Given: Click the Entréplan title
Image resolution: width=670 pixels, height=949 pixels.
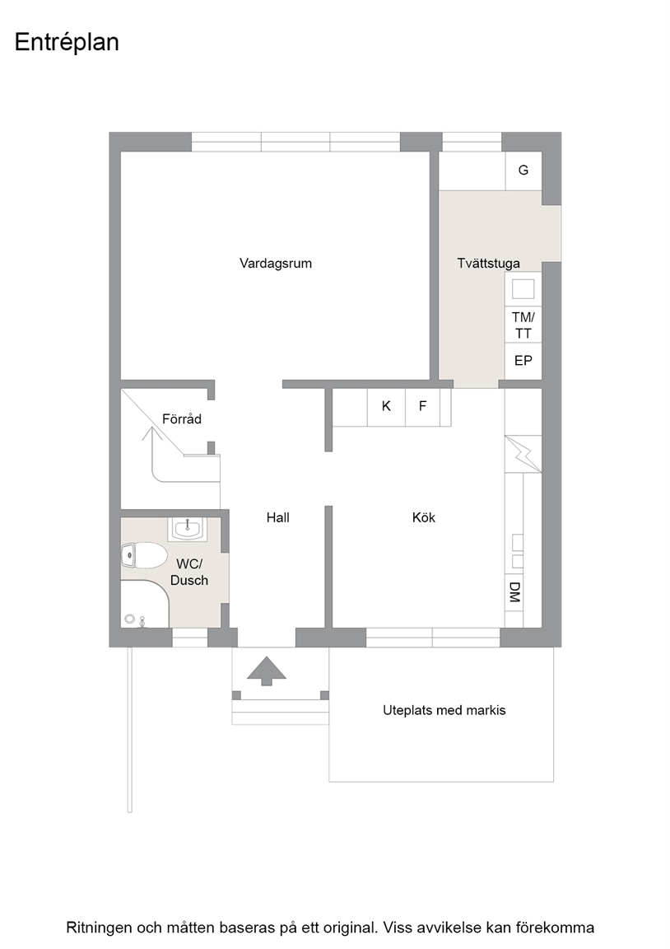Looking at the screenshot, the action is pyautogui.click(x=67, y=43).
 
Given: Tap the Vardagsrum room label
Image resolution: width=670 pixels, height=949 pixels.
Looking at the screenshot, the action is pyautogui.click(x=276, y=264).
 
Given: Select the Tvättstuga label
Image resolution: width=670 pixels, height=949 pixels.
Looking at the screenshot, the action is pyautogui.click(x=489, y=264).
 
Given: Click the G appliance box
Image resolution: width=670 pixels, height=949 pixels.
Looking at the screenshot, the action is pyautogui.click(x=523, y=171).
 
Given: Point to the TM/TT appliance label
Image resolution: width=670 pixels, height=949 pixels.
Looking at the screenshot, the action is pyautogui.click(x=523, y=325).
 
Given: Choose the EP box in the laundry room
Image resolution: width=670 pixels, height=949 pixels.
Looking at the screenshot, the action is pyautogui.click(x=523, y=362).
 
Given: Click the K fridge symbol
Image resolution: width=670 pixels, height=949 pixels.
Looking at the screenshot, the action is pyautogui.click(x=386, y=406).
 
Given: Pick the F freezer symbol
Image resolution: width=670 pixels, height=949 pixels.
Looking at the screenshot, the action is pyautogui.click(x=423, y=406).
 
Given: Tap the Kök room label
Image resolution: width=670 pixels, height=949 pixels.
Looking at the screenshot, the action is pyautogui.click(x=424, y=517).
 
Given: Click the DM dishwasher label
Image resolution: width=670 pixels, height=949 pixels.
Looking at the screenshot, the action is pyautogui.click(x=514, y=592).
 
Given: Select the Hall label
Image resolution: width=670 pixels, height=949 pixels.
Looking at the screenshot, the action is pyautogui.click(x=278, y=517).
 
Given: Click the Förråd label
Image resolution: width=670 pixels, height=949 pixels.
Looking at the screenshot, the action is pyautogui.click(x=181, y=418).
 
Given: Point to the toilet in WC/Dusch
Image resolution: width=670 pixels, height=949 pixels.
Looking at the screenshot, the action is pyautogui.click(x=144, y=555).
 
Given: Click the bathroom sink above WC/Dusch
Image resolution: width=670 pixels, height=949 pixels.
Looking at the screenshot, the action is pyautogui.click(x=188, y=528).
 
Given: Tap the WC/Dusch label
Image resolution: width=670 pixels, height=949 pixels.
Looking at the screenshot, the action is pyautogui.click(x=189, y=572).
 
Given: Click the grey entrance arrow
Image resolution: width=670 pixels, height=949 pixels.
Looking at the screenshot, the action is pyautogui.click(x=266, y=672).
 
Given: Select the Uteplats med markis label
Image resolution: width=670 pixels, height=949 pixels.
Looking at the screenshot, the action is pyautogui.click(x=444, y=711).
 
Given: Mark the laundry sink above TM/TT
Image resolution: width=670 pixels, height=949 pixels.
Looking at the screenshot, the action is pyautogui.click(x=523, y=289).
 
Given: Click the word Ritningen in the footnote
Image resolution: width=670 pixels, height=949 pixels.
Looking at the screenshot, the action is pyautogui.click(x=97, y=928).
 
